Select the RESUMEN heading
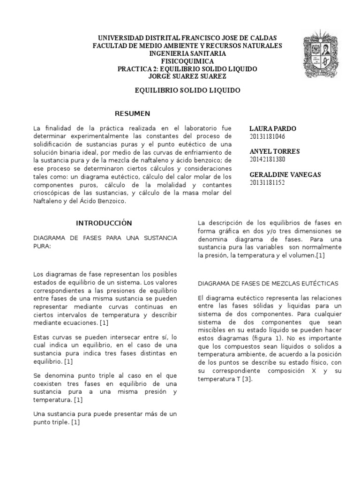133,113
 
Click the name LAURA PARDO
273,128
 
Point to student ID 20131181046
267,136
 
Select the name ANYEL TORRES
275,151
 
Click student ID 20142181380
267,159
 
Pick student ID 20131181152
267,182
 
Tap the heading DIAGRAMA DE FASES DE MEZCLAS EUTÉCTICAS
268,284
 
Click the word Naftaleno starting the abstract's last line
50,201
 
